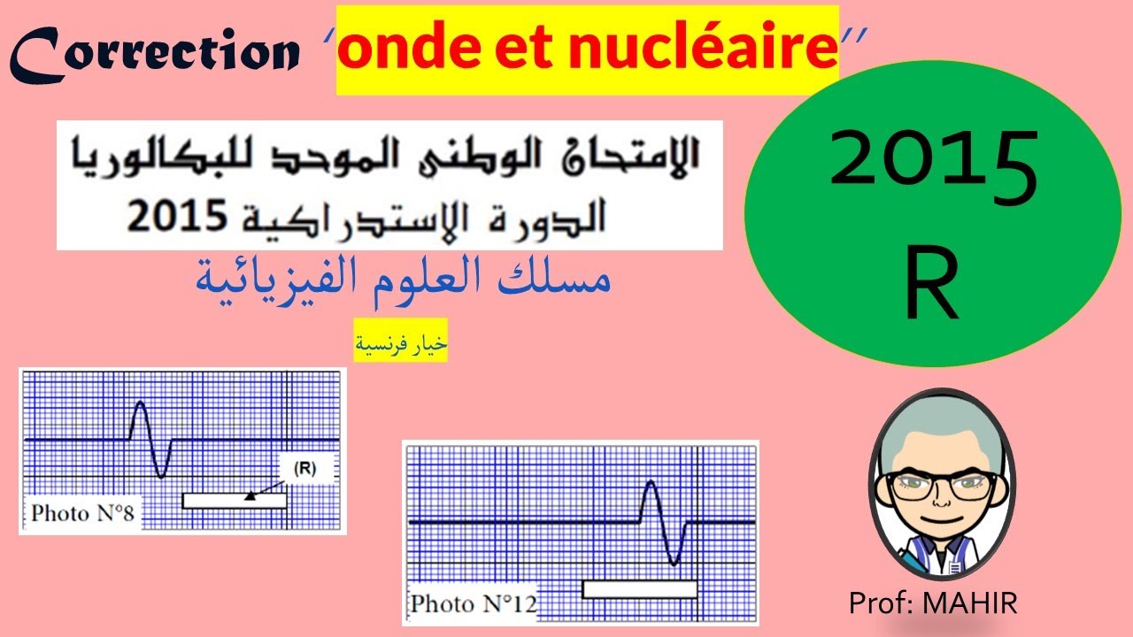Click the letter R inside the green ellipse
[x=932, y=285]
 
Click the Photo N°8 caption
[x=82, y=513]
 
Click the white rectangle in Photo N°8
[x=234, y=501]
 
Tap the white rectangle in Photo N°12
[x=639, y=588]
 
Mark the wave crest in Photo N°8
[x=140, y=404]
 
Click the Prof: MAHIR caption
[x=933, y=603]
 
